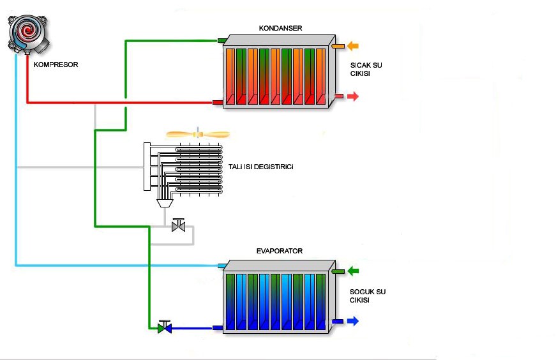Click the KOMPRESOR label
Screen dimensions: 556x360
(56, 64)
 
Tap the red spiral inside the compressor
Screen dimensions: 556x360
(27, 31)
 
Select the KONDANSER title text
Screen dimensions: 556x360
(280, 28)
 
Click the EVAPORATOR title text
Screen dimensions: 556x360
(280, 251)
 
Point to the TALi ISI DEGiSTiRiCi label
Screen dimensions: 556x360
(260, 167)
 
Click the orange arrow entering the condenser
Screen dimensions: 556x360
(353, 46)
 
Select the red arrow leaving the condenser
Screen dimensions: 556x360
(353, 96)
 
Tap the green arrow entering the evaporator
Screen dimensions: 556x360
(353, 271)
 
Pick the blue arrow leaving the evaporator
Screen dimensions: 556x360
(353, 321)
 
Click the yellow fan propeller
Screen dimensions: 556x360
(198, 135)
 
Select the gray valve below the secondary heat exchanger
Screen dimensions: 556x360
(178, 225)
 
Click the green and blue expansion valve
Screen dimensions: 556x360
(165, 327)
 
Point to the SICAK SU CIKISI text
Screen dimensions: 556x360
(366, 70)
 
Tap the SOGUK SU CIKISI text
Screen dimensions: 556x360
(367, 296)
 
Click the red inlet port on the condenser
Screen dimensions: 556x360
(218, 103)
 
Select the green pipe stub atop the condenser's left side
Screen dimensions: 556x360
(222, 40)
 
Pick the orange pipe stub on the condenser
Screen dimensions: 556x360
(338, 46)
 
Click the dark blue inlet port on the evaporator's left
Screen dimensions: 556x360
(218, 327)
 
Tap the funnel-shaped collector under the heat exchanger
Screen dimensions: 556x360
(165, 203)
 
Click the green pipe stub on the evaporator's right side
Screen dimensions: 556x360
(338, 272)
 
